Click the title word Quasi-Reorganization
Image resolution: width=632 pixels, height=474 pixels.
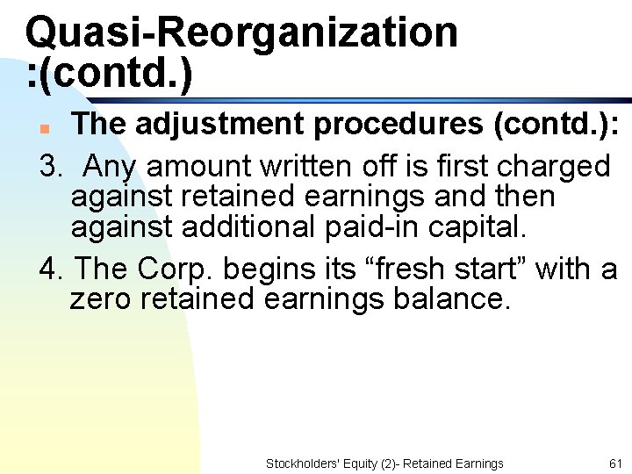[241, 32]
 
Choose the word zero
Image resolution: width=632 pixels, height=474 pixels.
[102, 299]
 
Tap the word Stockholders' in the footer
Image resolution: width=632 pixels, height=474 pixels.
[298, 463]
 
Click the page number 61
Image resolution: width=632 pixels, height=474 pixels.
[614, 463]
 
